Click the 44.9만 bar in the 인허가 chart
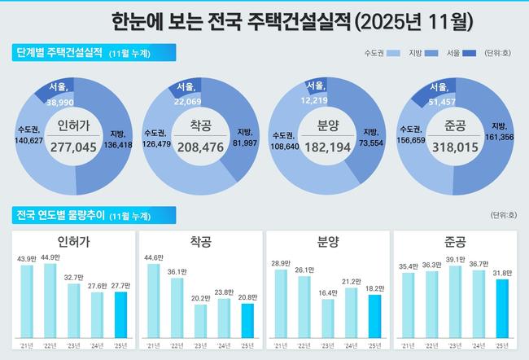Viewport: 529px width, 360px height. point(50,301)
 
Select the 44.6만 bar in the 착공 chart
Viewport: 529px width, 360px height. point(154,301)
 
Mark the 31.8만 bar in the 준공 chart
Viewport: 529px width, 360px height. point(502,308)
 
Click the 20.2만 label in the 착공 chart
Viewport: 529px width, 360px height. point(200,297)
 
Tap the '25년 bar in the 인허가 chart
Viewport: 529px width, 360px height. point(120,314)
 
